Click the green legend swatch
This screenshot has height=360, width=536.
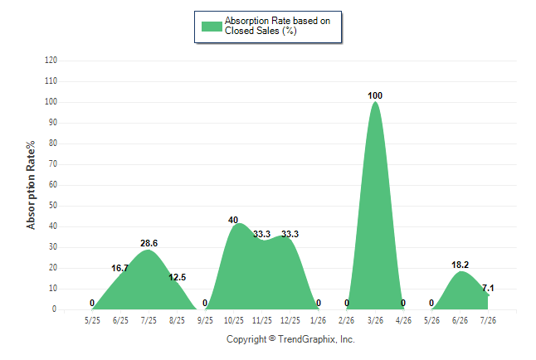pyautogui.click(x=212, y=27)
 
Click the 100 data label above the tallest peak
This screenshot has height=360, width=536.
pyautogui.click(x=375, y=95)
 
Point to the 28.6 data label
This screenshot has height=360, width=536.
pyautogui.click(x=149, y=243)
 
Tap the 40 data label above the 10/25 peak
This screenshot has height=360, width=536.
pyautogui.click(x=233, y=220)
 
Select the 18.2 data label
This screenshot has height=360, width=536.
pyautogui.click(x=460, y=265)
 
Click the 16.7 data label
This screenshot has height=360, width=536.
pyautogui.click(x=120, y=268)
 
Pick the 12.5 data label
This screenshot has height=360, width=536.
pyautogui.click(x=177, y=277)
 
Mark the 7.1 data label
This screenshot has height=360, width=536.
pyautogui.click(x=488, y=288)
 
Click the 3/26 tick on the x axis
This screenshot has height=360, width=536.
pyautogui.click(x=375, y=320)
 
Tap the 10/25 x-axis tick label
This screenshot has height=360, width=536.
pyautogui.click(x=234, y=320)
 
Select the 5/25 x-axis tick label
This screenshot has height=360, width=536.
pyautogui.click(x=92, y=320)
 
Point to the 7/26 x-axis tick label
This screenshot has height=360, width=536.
pyautogui.click(x=488, y=320)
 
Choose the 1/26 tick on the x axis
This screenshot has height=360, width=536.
pyautogui.click(x=319, y=320)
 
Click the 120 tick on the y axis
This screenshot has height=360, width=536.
pyautogui.click(x=51, y=61)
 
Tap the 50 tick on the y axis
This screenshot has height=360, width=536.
pyautogui.click(x=53, y=206)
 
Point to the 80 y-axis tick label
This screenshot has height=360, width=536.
pyautogui.click(x=53, y=144)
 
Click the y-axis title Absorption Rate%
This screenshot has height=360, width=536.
pyautogui.click(x=31, y=185)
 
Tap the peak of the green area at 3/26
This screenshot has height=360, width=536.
pyautogui.click(x=375, y=101)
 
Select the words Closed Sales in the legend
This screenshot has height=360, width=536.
pyautogui.click(x=252, y=31)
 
